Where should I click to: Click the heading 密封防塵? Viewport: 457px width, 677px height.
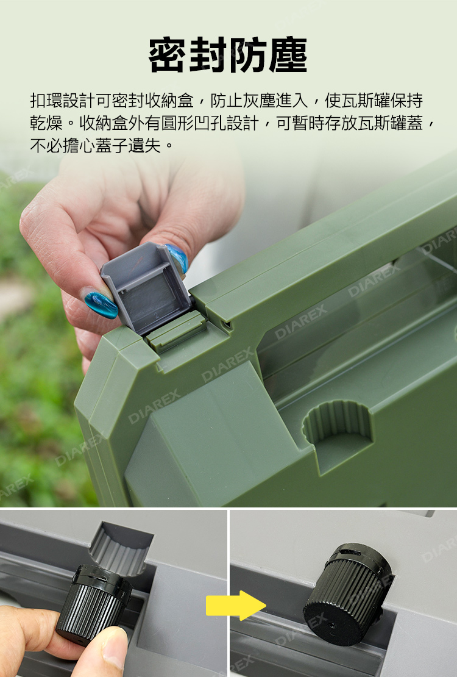point(228,55)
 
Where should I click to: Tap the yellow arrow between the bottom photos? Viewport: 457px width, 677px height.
point(236,605)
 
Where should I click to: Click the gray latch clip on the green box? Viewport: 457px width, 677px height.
point(146,288)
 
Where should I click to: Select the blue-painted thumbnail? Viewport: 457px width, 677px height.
point(101,304)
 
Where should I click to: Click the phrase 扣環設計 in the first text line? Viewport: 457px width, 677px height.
point(63,101)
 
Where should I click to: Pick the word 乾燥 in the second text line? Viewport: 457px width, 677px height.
point(46,123)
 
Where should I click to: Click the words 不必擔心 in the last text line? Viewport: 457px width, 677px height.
point(63,146)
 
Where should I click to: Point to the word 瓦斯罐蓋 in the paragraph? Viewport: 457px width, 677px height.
point(391,123)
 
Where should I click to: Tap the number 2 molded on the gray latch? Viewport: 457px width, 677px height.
point(157,316)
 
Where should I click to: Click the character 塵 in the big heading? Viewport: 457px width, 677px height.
point(288,55)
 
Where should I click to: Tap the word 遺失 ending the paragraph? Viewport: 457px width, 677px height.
point(145,146)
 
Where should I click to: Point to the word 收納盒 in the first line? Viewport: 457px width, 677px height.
point(169,101)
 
